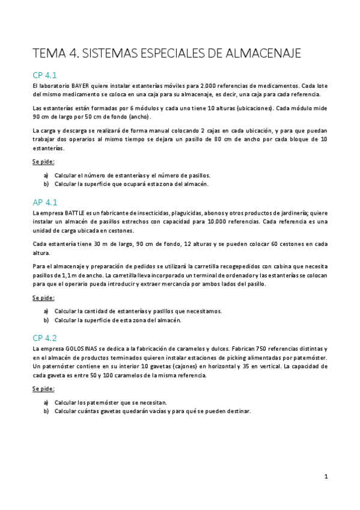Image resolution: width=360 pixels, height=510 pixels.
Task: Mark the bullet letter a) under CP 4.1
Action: tap(46, 175)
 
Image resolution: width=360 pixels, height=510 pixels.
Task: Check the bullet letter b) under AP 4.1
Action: tap(46, 320)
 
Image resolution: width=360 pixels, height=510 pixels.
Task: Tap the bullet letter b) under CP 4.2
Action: tap(46, 411)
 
